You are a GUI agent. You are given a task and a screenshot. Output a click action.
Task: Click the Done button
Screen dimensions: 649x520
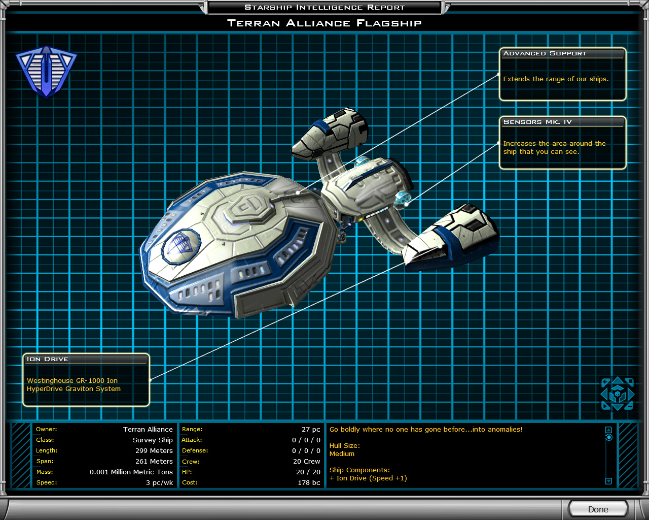598,509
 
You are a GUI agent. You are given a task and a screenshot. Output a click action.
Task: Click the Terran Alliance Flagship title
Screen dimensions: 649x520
324,23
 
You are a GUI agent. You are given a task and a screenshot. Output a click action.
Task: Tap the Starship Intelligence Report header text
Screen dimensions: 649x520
324,7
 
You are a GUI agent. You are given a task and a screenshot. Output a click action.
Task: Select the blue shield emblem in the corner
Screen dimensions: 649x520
47,72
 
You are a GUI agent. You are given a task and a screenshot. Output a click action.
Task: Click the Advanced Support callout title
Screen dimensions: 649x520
545,53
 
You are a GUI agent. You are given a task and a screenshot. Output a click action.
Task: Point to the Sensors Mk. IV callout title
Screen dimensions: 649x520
537,122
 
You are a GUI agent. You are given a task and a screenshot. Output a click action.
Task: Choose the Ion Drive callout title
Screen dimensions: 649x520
47,359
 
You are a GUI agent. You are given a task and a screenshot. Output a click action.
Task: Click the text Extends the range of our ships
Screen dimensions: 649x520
556,79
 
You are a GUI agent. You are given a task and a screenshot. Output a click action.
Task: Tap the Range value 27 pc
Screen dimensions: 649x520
311,429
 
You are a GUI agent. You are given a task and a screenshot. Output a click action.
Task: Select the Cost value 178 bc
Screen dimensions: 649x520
309,482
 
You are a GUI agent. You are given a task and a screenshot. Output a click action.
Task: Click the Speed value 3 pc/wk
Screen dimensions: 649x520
160,482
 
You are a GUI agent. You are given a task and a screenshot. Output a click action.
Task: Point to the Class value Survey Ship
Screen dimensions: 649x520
153,440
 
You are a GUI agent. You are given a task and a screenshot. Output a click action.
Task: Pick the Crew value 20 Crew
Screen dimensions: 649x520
306,462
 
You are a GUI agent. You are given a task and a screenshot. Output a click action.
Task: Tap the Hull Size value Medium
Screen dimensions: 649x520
342,454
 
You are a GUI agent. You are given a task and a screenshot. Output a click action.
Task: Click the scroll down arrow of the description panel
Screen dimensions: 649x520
608,481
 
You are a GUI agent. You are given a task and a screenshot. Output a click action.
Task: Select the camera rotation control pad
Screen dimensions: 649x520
618,394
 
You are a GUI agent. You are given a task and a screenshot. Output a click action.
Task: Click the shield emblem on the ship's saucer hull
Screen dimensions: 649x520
181,247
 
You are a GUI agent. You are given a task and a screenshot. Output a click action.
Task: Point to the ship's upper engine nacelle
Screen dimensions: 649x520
330,134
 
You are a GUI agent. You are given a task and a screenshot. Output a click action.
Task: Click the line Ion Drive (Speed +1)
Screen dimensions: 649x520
368,478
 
